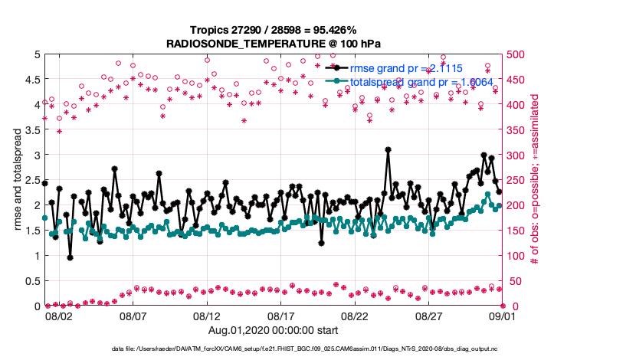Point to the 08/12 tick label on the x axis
(207, 316)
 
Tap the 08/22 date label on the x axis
(356, 316)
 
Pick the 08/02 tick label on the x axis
(59, 316)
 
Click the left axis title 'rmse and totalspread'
(13, 180)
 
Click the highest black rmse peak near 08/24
(388, 150)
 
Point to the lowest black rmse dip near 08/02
(70, 257)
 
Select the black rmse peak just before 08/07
(114, 169)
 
